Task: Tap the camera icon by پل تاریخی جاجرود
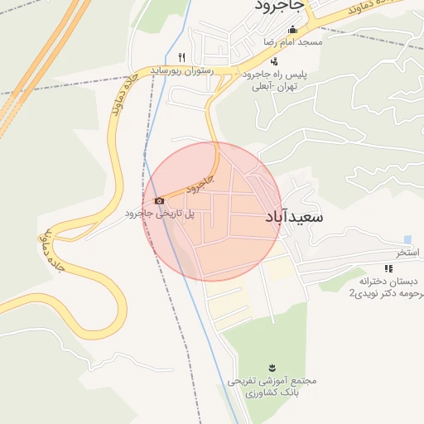[x=159, y=200]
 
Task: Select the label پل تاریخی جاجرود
[x=160, y=214]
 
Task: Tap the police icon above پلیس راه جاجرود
[x=274, y=61]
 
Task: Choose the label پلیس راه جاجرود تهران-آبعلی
[x=272, y=79]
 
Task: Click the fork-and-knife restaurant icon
[x=181, y=57]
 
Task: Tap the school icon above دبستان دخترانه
[x=388, y=267]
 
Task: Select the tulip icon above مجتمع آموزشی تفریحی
[x=272, y=368]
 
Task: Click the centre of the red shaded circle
[x=213, y=211]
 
